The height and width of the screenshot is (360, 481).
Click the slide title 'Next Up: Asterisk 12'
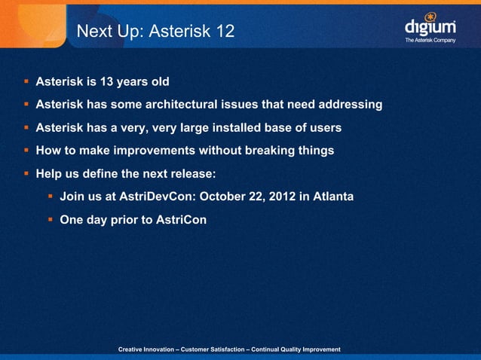coord(156,32)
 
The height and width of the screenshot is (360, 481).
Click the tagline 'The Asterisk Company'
coord(430,40)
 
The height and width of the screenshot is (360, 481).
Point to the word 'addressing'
coord(350,104)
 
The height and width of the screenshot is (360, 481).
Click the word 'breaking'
coord(275,151)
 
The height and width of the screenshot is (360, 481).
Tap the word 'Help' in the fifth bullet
coord(49,174)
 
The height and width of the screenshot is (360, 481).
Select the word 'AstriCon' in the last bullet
coord(180,220)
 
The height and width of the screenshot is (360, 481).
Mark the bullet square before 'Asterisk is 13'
coord(26,81)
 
